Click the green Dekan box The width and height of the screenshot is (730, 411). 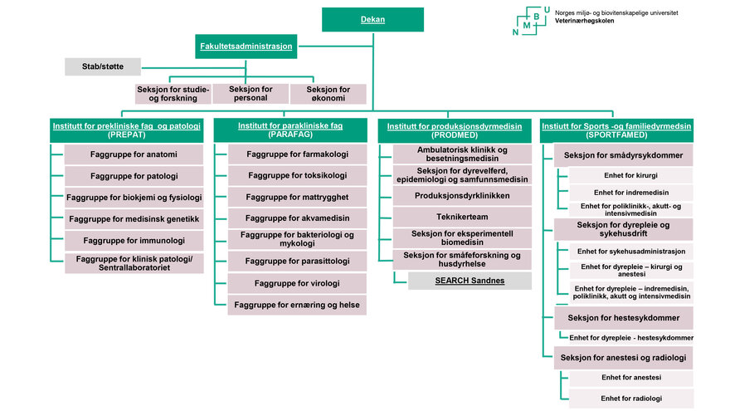(373, 20)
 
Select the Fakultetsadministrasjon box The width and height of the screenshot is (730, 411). (246, 46)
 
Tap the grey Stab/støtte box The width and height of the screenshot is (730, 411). (103, 66)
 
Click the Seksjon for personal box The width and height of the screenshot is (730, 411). (251, 94)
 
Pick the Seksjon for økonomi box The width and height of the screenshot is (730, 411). (328, 94)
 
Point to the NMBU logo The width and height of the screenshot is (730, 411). (531, 21)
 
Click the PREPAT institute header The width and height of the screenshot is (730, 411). (127, 130)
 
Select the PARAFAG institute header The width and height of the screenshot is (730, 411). (290, 130)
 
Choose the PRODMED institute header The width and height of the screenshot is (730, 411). (455, 130)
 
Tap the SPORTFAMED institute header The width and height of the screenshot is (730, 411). (617, 130)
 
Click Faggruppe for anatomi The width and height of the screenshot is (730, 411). (134, 154)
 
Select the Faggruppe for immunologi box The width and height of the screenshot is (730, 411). (134, 241)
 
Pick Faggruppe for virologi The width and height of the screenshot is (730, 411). (297, 283)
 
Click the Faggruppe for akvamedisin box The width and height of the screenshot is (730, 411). (297, 218)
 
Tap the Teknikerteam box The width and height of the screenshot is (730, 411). (462, 217)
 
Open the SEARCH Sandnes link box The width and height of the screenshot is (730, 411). (470, 281)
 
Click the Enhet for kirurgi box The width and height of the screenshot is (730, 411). (630, 176)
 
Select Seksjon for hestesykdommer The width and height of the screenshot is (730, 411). (623, 318)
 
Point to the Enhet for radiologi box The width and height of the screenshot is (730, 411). (631, 399)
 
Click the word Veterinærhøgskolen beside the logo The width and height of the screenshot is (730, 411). (584, 21)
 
